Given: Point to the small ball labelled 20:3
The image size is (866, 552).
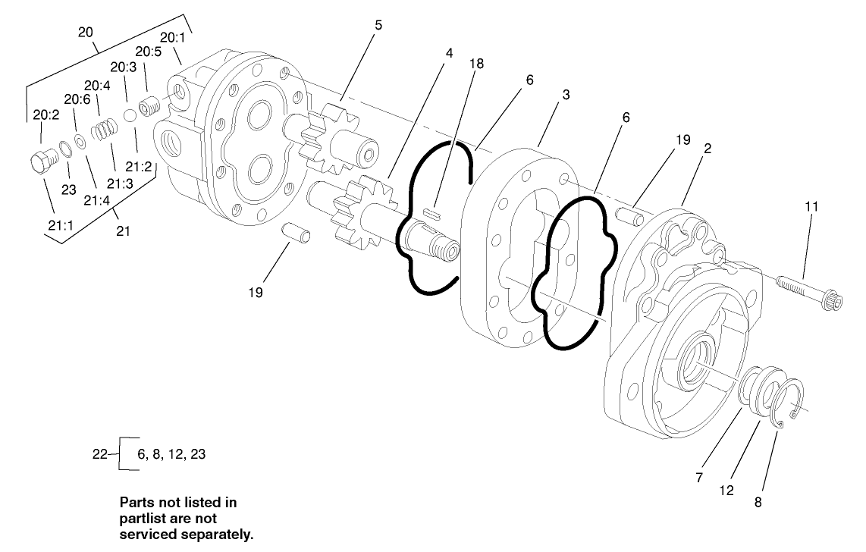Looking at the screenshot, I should pyautogui.click(x=130, y=114).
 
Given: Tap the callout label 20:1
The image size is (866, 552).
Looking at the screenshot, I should pyautogui.click(x=170, y=37).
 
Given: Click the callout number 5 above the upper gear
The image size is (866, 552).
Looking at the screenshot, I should pyautogui.click(x=378, y=24).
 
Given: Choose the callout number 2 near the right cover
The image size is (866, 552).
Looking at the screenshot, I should pyautogui.click(x=706, y=149).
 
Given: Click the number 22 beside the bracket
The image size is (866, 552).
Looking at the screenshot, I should pyautogui.click(x=100, y=454).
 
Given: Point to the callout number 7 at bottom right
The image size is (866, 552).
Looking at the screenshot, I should pyautogui.click(x=699, y=478).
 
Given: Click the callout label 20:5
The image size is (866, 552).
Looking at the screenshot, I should pyautogui.click(x=148, y=52).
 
